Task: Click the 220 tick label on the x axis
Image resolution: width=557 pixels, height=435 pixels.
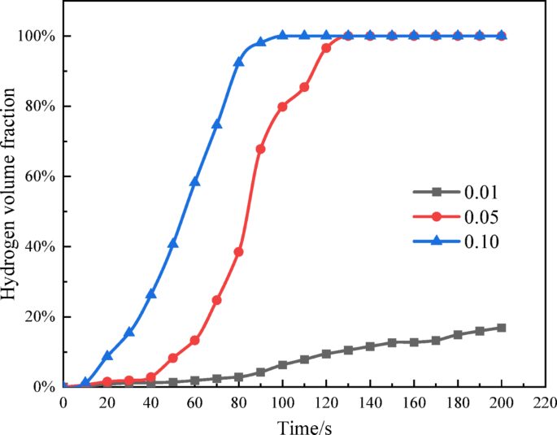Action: pos(546,402)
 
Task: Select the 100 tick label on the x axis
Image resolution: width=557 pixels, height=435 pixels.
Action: pos(282,402)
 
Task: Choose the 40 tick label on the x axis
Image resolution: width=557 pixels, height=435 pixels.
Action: pos(151,402)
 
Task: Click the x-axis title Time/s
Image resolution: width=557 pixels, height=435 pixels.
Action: pos(304,424)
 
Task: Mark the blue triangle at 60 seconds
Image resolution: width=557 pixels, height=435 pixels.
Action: pos(195,181)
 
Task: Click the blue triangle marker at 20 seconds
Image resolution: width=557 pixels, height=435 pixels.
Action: pos(107,355)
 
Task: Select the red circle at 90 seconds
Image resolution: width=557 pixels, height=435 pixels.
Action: pos(261,149)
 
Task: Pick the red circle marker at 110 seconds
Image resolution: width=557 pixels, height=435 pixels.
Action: pos(305,87)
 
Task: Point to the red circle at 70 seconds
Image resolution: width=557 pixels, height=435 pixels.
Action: pos(217,300)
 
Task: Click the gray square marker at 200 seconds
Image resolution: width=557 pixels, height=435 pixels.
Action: pos(502,328)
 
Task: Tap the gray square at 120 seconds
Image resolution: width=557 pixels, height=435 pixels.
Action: pos(326,354)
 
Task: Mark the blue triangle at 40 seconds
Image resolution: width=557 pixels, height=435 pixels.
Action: pos(151,294)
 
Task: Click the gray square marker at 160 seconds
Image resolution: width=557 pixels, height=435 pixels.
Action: pos(414,342)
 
